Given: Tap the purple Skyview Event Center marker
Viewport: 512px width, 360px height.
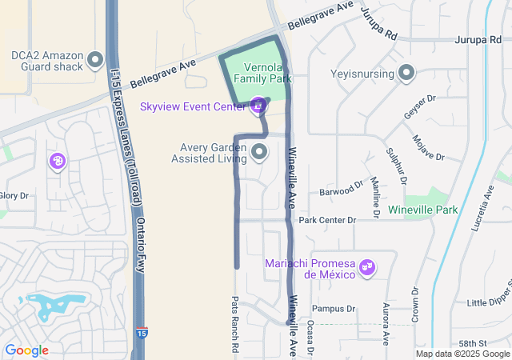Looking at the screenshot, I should [x=258, y=105].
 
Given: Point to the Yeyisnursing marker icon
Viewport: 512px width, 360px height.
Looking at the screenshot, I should [x=406, y=74].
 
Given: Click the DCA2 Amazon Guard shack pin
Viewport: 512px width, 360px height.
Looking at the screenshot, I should [x=96, y=60].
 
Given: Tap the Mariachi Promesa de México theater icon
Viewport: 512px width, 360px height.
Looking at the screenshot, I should [x=367, y=266].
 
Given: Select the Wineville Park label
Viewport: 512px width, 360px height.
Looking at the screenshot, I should [x=422, y=210].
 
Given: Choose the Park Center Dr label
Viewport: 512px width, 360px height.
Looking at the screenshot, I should [x=326, y=220].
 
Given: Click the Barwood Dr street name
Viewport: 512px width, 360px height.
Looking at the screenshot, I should [x=342, y=191].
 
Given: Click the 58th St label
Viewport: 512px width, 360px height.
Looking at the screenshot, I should [x=481, y=343].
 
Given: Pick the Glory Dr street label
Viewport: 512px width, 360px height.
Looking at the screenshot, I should [x=14, y=195].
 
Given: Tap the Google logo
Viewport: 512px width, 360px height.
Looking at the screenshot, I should [x=26, y=350].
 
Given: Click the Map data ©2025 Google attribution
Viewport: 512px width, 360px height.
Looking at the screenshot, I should [x=462, y=354].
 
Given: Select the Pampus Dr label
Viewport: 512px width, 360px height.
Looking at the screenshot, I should [x=334, y=308].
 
